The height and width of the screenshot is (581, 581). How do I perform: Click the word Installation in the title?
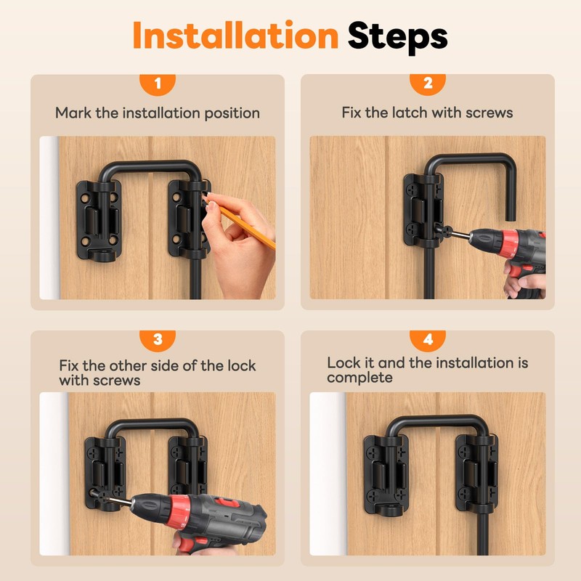[x=235, y=35]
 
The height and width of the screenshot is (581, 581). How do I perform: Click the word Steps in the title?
[x=397, y=37]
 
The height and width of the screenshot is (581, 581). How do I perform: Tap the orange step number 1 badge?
[x=158, y=84]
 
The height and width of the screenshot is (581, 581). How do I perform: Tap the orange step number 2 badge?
[x=428, y=84]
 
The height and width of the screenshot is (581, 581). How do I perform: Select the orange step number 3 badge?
[x=158, y=341]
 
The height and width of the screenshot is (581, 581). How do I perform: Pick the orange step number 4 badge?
[x=428, y=341]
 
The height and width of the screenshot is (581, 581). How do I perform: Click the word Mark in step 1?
[x=73, y=113]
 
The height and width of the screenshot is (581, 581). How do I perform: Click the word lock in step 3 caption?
[x=241, y=366]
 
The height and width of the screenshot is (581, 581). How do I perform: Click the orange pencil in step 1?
[x=240, y=222]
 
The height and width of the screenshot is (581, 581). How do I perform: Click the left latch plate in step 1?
[x=99, y=220]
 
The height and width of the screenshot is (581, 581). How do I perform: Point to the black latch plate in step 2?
[x=423, y=210]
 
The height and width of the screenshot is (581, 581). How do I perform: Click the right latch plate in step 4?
[x=477, y=475]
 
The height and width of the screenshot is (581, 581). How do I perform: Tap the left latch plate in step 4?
[x=386, y=475]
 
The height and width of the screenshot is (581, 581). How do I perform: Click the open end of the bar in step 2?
[x=511, y=218]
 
